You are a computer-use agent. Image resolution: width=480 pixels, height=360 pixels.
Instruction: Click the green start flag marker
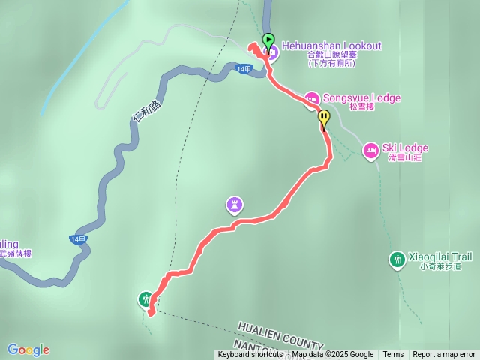[x=268, y=40]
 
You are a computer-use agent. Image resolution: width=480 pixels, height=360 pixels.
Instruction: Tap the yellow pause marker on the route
[x=324, y=117]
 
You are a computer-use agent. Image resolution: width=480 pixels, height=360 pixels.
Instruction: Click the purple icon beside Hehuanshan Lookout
[x=271, y=51]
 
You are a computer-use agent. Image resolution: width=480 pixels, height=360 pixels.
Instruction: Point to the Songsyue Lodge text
[x=361, y=98]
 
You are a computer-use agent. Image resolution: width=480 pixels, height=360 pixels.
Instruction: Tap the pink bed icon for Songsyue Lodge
[x=312, y=98]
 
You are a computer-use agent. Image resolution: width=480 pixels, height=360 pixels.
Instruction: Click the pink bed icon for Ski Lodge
[x=370, y=151]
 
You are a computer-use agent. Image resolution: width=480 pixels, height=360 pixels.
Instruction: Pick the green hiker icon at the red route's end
[x=145, y=299]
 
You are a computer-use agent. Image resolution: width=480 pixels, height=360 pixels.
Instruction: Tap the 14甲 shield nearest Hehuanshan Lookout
[x=244, y=69]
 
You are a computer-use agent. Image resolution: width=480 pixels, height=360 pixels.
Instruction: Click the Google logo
[x=28, y=349]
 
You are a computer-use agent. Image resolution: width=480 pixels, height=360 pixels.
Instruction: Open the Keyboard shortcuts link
[x=250, y=355]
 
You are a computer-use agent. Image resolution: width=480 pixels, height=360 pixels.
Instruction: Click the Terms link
[x=393, y=355]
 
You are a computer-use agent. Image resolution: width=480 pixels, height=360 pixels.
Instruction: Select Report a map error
[x=444, y=355]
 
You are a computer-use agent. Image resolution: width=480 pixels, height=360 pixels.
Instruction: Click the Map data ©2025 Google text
[x=332, y=355]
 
